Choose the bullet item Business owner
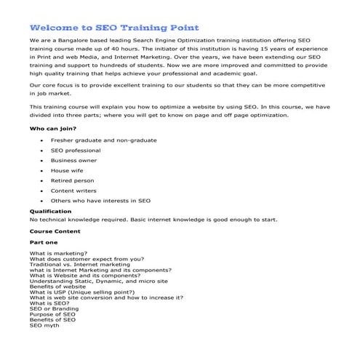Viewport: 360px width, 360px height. coord(73,160)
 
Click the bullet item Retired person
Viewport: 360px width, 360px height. coord(72,180)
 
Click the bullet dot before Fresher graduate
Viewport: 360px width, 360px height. coord(41,140)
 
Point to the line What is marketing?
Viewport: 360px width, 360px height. coord(58,253)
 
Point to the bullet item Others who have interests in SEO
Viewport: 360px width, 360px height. coord(100,201)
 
